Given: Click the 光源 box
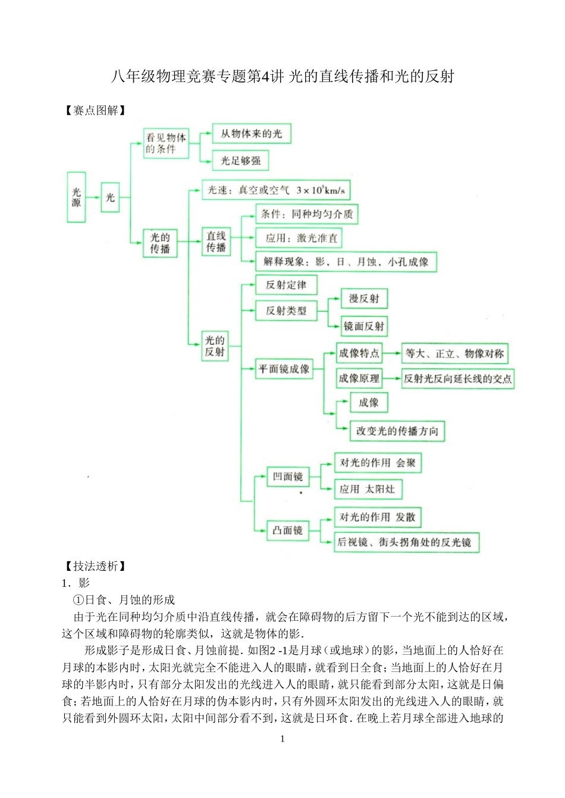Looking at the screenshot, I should click(x=76, y=197).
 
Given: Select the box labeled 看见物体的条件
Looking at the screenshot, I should click(x=166, y=143).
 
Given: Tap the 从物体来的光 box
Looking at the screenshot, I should click(x=252, y=134).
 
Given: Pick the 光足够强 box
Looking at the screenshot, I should click(x=241, y=161).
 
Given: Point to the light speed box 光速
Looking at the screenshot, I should click(x=276, y=190).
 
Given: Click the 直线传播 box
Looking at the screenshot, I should click(x=216, y=242).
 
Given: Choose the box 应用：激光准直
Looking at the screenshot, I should click(x=299, y=238).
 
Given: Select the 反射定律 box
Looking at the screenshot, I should click(x=286, y=285).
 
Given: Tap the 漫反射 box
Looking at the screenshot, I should click(x=364, y=299).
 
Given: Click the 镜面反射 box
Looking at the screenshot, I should click(x=364, y=326).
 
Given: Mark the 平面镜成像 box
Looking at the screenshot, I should click(x=284, y=369).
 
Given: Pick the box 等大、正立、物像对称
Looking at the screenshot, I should click(x=455, y=354).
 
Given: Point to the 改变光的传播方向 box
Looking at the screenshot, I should click(x=397, y=431).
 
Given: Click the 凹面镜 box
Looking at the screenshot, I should click(x=288, y=476).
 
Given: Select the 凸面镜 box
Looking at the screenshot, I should click(x=288, y=530).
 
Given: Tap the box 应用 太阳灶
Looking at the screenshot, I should click(x=368, y=489).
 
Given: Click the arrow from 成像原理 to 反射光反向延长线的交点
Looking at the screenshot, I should click(x=391, y=378).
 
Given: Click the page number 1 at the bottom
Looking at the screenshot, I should click(x=282, y=739).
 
